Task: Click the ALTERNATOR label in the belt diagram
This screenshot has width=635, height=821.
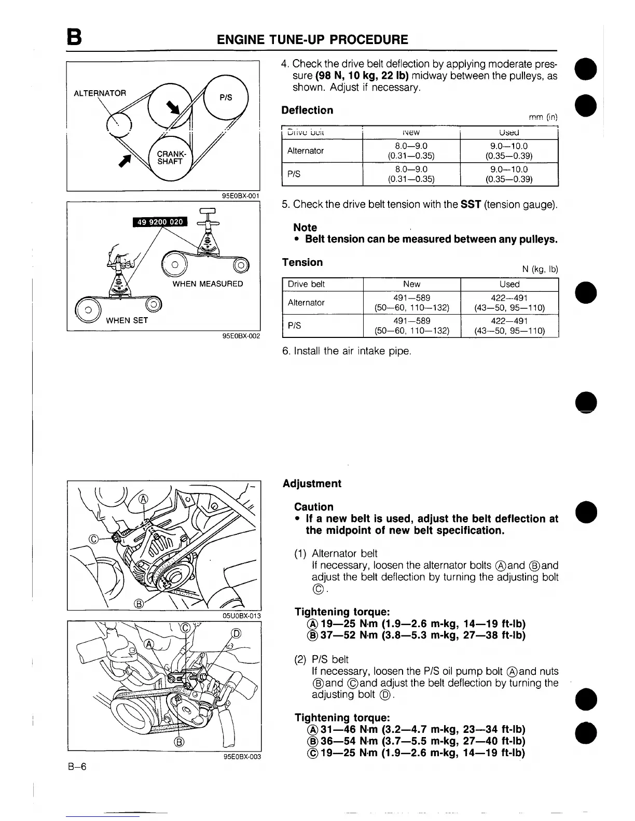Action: (100, 93)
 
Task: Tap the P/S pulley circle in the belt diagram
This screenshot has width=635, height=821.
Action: (226, 97)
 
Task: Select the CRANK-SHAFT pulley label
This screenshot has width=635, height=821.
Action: (170, 158)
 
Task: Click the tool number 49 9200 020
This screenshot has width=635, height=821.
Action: (160, 222)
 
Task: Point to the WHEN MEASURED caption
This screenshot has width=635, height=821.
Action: (208, 284)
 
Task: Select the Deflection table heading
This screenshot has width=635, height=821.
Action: (307, 110)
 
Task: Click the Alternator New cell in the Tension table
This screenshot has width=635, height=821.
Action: (411, 303)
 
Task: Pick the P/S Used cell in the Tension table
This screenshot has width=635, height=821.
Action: (509, 325)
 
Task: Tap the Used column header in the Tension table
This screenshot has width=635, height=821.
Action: (509, 284)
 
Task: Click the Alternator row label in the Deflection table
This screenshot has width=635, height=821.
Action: (306, 151)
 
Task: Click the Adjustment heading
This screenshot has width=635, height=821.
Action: (312, 484)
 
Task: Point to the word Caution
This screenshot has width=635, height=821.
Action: (313, 507)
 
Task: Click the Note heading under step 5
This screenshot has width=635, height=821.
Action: (305, 228)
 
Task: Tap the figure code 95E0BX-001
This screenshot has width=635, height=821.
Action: (240, 196)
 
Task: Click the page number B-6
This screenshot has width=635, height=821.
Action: (76, 767)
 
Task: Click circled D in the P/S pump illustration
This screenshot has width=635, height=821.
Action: (236, 633)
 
